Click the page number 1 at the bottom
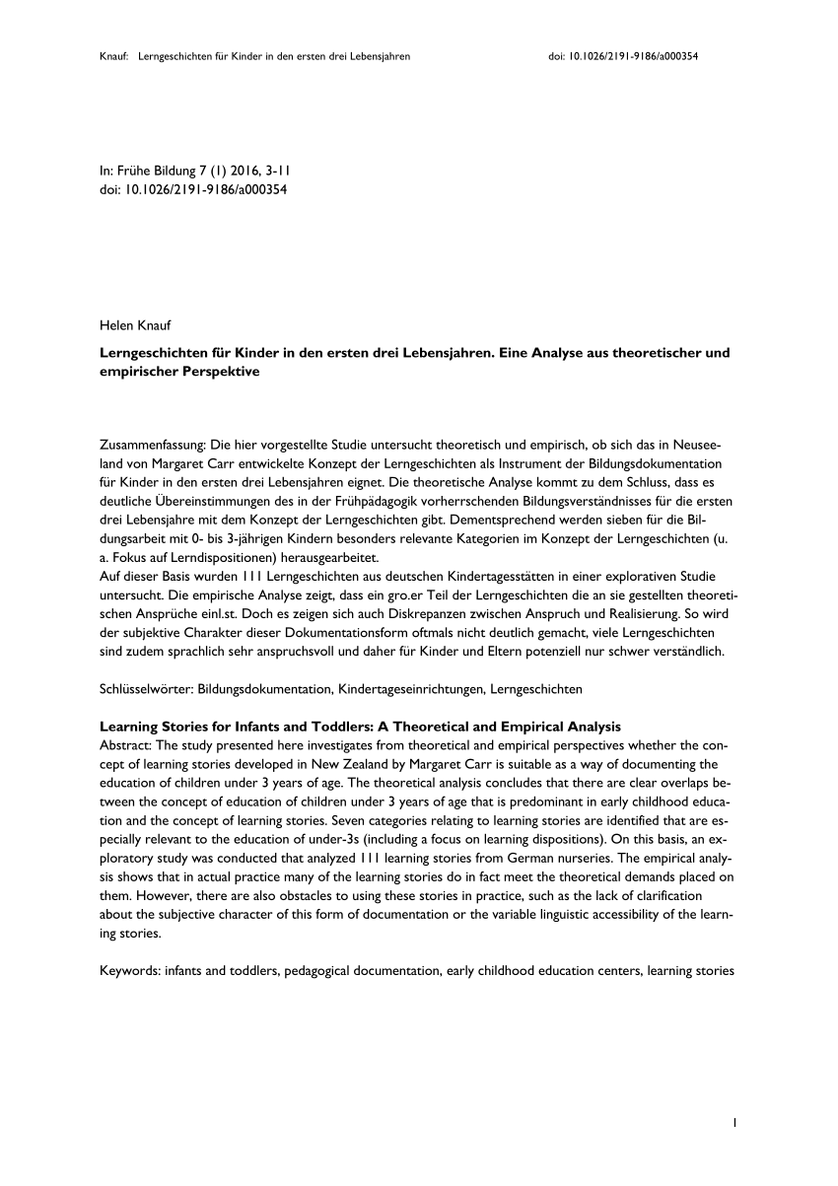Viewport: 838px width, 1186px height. [x=735, y=1122]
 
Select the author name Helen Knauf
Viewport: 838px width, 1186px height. [x=135, y=324]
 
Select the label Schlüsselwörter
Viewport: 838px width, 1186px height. [x=144, y=688]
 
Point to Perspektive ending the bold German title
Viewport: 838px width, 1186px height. [x=217, y=372]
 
